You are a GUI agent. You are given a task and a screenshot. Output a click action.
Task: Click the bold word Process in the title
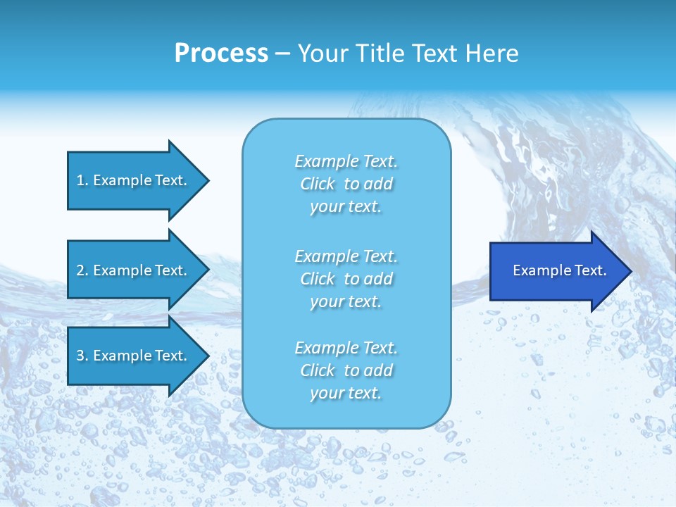[221, 54]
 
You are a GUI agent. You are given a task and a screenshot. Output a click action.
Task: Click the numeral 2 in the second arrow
[80, 270]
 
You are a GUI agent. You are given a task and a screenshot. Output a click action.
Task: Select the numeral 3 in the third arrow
[80, 356]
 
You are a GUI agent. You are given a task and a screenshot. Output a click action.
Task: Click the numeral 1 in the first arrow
[80, 180]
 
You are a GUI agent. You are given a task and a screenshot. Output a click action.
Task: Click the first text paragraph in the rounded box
[346, 184]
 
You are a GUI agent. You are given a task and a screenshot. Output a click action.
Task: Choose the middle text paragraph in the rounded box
[346, 279]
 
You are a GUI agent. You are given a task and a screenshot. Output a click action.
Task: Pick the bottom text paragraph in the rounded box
[346, 370]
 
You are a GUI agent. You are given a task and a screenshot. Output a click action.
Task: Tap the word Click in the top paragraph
[318, 184]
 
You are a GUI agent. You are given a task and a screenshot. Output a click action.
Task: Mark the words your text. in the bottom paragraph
[346, 394]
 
